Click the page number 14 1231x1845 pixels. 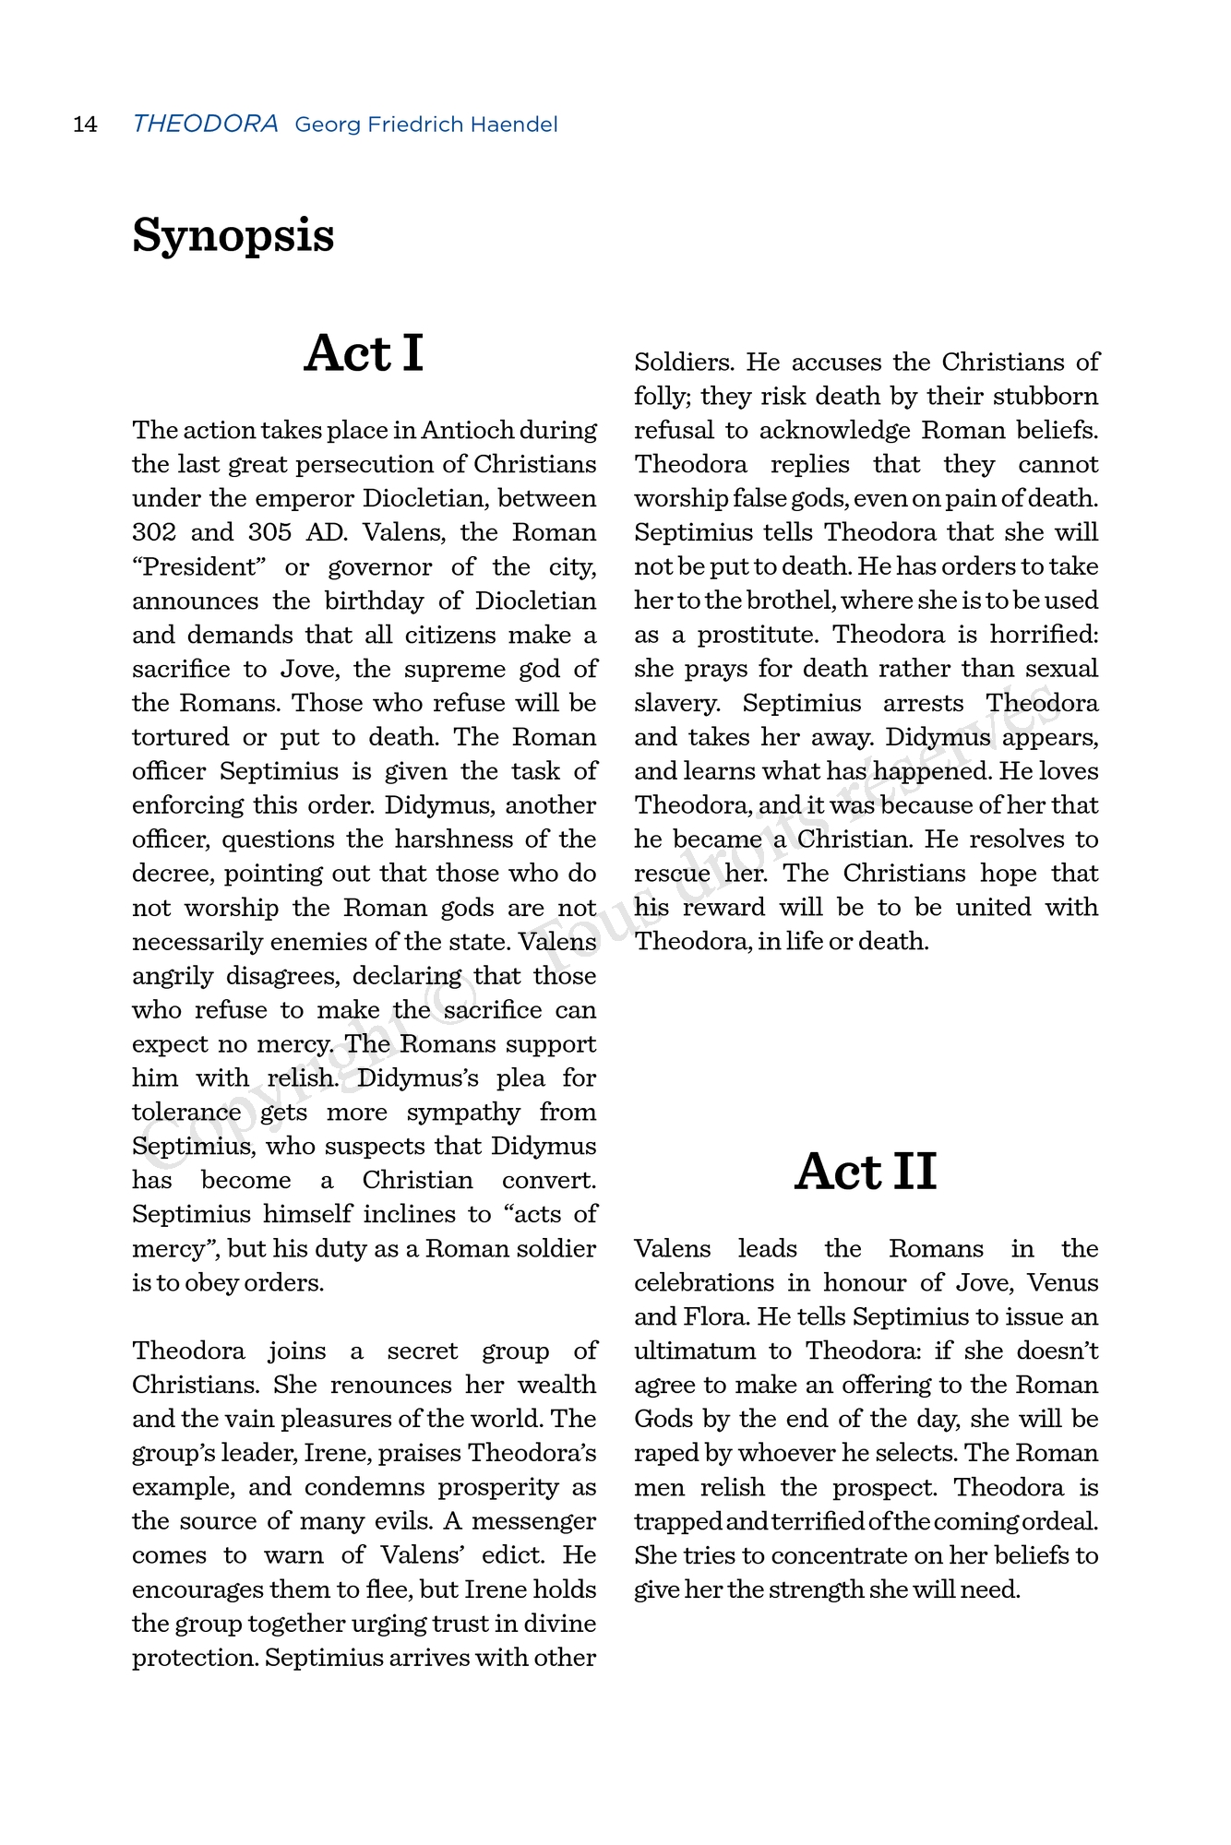point(85,125)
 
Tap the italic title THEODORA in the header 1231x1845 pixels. point(205,124)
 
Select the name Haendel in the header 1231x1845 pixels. point(513,125)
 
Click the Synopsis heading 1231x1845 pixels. point(233,235)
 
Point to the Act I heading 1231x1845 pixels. point(364,353)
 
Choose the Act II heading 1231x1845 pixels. point(866,1172)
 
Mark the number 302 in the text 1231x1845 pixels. point(150,532)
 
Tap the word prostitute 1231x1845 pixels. point(757,635)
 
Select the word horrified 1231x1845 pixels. point(1045,635)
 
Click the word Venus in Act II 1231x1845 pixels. point(1063,1282)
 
